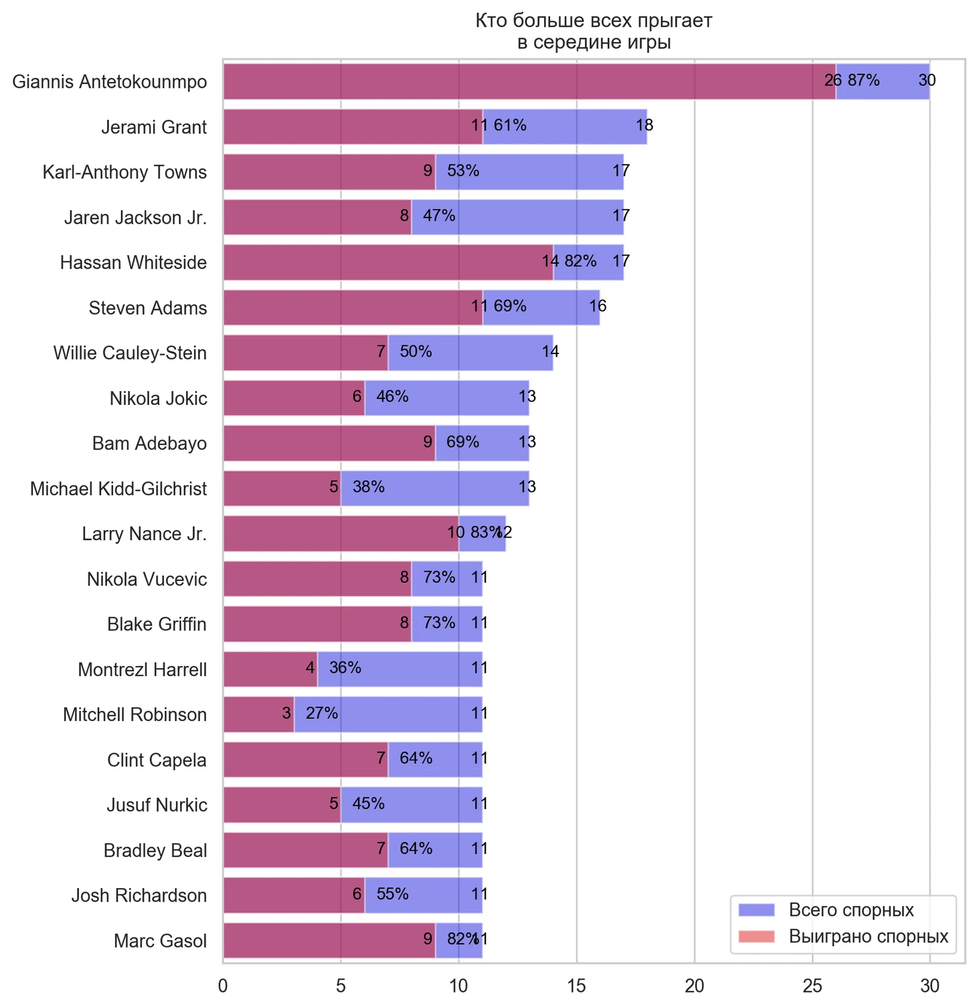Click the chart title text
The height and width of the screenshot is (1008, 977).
(594, 31)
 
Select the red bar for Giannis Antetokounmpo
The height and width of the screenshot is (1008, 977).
(529, 82)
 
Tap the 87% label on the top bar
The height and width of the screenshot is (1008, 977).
(863, 81)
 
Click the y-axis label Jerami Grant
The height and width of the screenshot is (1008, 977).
(154, 127)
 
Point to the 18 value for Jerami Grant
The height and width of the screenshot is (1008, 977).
(644, 125)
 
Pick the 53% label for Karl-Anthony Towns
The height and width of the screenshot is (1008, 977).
(463, 171)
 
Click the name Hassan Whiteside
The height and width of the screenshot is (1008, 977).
(133, 262)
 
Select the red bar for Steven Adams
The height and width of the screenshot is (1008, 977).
(353, 307)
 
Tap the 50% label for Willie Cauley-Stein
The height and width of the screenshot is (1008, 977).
(416, 351)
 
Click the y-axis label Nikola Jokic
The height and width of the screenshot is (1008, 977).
(159, 399)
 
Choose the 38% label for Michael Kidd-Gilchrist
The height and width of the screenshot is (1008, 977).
(368, 487)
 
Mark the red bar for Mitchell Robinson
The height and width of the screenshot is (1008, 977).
(258, 714)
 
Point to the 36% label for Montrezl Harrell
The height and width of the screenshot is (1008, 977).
(345, 668)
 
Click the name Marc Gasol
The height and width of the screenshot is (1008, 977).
(160, 941)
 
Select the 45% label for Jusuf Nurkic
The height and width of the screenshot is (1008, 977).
(368, 803)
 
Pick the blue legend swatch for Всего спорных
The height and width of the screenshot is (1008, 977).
(756, 910)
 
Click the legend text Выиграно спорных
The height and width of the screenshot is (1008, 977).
(868, 936)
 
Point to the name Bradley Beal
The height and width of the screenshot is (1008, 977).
(155, 851)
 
